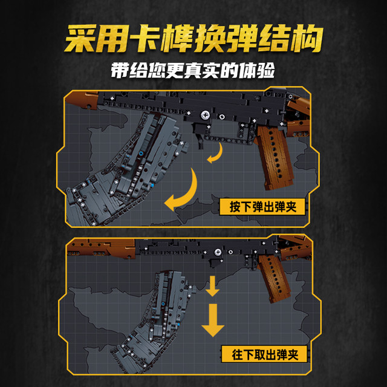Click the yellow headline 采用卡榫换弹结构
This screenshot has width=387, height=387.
pos(193,39)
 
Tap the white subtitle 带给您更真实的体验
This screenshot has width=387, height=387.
pos(193,71)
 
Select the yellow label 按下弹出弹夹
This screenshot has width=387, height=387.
pos(262,207)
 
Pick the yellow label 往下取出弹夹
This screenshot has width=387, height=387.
pos(265,354)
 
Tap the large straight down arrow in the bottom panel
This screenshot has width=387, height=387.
pos(213,320)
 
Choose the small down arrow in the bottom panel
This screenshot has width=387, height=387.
pos(212,286)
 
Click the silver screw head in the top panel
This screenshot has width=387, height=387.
pos(205,115)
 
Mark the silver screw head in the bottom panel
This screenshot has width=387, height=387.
pos(218,252)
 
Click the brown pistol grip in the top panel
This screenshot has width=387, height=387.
pos(275,157)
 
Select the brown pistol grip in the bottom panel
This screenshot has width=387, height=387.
pos(274,278)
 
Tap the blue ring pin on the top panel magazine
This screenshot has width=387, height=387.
pos(141,154)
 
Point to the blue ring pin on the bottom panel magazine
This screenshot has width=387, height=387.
pos(163,304)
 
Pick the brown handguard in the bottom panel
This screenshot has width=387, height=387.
pos(101,248)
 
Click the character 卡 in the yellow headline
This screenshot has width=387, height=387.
pos(145,39)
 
